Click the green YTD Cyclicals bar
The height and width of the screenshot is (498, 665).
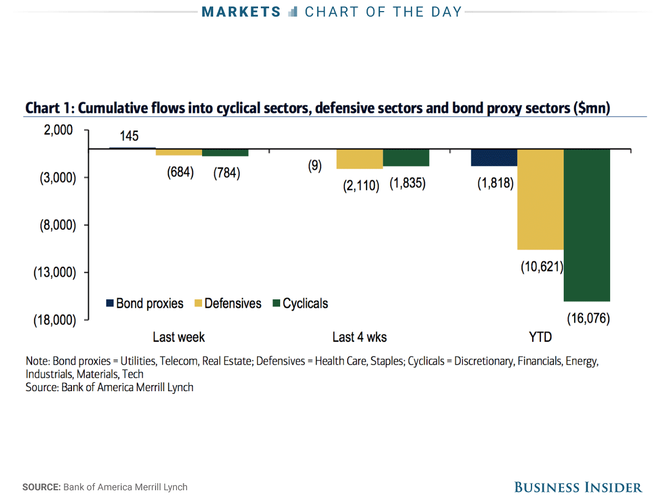tap(586, 225)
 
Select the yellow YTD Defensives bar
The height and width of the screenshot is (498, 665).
tap(540, 200)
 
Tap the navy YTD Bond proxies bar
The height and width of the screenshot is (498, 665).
tap(494, 157)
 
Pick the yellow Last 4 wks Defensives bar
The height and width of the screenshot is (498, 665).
tap(359, 159)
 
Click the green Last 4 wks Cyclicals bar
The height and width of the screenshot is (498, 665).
tap(406, 158)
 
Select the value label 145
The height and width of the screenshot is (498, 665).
tap(129, 136)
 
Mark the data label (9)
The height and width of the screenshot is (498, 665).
tap(315, 166)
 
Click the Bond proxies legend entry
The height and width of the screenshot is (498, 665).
tap(145, 303)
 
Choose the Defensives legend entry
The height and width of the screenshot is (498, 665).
tap(228, 303)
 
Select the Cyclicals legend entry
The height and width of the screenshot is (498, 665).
tap(300, 303)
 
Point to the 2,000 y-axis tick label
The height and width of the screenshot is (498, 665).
tap(58, 130)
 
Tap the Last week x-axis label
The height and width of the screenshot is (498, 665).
tap(179, 337)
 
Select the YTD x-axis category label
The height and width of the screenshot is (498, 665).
tap(540, 337)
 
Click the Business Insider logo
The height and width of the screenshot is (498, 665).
tap(578, 487)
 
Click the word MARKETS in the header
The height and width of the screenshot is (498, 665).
tap(241, 12)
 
